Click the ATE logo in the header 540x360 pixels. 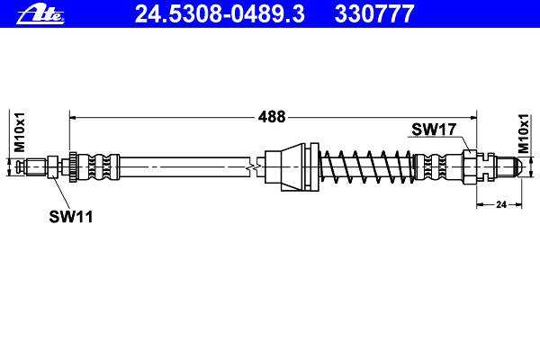tap(40, 14)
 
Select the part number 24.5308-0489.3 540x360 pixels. tap(220, 14)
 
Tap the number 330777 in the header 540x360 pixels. tap(374, 14)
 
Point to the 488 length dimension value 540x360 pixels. tap(272, 117)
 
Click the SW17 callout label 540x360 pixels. tap(434, 130)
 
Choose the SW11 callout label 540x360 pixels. tap(71, 217)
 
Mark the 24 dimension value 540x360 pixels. tap(501, 204)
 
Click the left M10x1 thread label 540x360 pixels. tap(19, 131)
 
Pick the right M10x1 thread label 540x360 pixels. tap(524, 134)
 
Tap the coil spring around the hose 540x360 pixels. tap(367, 167)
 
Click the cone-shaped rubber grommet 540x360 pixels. tap(291, 167)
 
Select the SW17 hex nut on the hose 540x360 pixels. tap(470, 167)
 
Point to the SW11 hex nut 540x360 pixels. tap(52, 167)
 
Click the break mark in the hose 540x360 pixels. tap(254, 167)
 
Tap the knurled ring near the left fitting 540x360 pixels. tap(73, 167)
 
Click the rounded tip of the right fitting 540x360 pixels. tap(518, 167)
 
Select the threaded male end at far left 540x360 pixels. tap(31, 167)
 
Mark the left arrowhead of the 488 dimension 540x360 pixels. tap(72, 118)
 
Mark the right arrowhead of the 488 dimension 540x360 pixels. tap(473, 118)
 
